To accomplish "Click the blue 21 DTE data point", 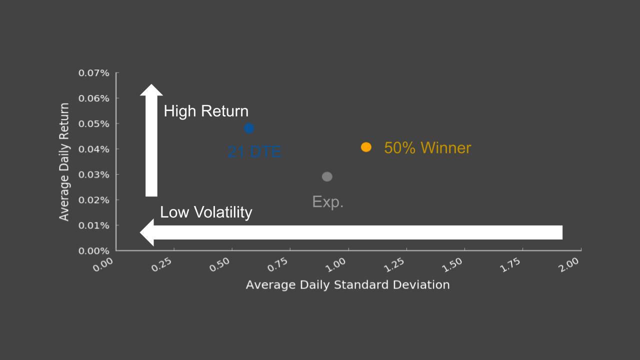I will click(249, 128).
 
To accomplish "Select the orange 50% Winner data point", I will click(366, 147).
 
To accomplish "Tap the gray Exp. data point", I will click(327, 176).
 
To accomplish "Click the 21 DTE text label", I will click(254, 151).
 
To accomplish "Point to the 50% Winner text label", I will click(427, 148).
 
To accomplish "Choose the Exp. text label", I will click(327, 201).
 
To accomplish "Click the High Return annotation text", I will click(206, 111).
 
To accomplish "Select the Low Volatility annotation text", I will click(206, 212).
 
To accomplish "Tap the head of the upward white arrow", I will click(151, 90).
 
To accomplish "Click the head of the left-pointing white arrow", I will click(147, 232).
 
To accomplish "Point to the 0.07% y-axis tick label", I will click(93, 73).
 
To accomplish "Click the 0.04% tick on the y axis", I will click(93, 149).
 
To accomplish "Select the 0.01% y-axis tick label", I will click(93, 225).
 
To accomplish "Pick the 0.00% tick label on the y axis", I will click(93, 251).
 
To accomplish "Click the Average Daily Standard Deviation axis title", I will click(347, 285).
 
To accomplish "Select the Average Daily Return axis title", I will click(64, 162).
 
